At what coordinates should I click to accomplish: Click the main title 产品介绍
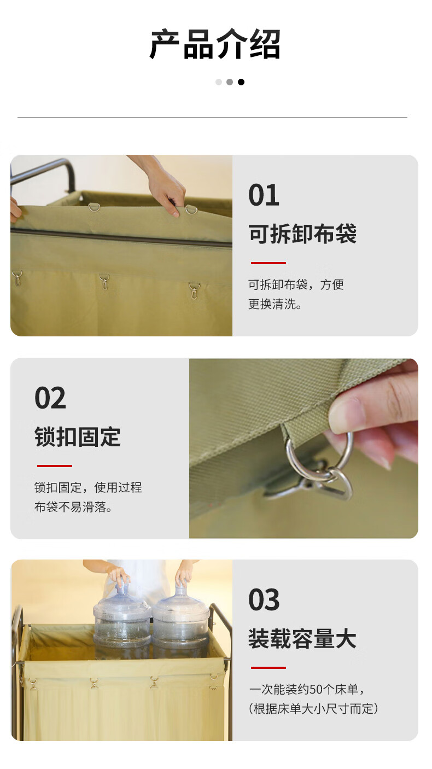(215, 44)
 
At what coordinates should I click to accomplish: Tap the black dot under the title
(241, 82)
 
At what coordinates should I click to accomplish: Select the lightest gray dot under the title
(219, 82)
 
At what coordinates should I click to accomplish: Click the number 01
(264, 195)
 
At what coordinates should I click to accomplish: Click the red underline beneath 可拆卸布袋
(268, 263)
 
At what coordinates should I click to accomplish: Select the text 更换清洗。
(275, 304)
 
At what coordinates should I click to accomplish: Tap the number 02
(50, 398)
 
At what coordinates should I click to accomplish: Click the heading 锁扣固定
(78, 437)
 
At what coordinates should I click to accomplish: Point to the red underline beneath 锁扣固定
(55, 466)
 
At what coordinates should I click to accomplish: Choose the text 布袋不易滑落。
(73, 506)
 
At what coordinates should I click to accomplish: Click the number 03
(264, 600)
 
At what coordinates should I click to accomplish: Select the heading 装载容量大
(302, 639)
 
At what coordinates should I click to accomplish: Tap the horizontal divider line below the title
(212, 118)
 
